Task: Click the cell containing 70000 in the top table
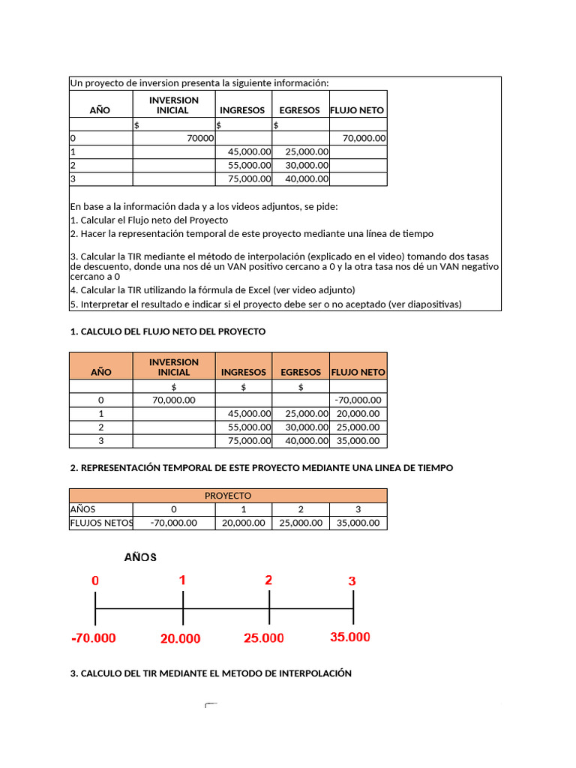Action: coord(174,138)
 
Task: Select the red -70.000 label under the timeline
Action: coord(94,638)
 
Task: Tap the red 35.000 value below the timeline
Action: coord(350,637)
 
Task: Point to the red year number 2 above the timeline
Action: coord(268,580)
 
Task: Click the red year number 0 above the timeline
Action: coord(95,580)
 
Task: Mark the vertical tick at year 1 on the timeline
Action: coord(182,607)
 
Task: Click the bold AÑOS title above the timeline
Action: coord(140,557)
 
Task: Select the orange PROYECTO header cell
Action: coord(228,496)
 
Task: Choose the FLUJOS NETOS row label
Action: coord(100,523)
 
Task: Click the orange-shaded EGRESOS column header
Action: coord(300,371)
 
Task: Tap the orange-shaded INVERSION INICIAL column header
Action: coord(174,367)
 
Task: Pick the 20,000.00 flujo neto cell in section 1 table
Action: coord(358,413)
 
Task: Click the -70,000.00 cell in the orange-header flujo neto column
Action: coord(358,400)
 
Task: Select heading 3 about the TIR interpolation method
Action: coord(211,673)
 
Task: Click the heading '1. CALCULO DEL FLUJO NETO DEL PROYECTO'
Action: coord(168,331)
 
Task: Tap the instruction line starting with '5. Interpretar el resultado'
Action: coord(266,304)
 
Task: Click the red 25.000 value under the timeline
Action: coord(264,638)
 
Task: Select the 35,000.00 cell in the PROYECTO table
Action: coord(358,523)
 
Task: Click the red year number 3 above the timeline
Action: coord(352,581)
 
